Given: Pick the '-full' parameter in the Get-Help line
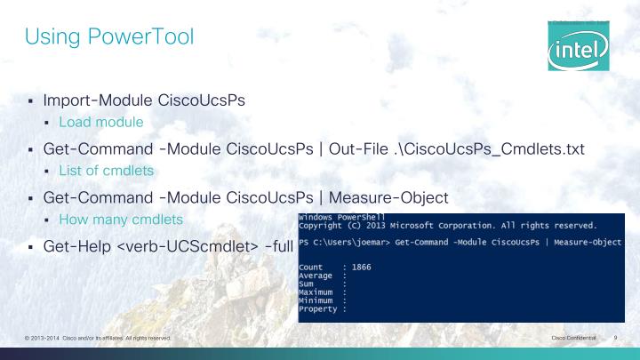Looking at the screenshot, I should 268,243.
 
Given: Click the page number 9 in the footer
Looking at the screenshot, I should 615,340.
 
